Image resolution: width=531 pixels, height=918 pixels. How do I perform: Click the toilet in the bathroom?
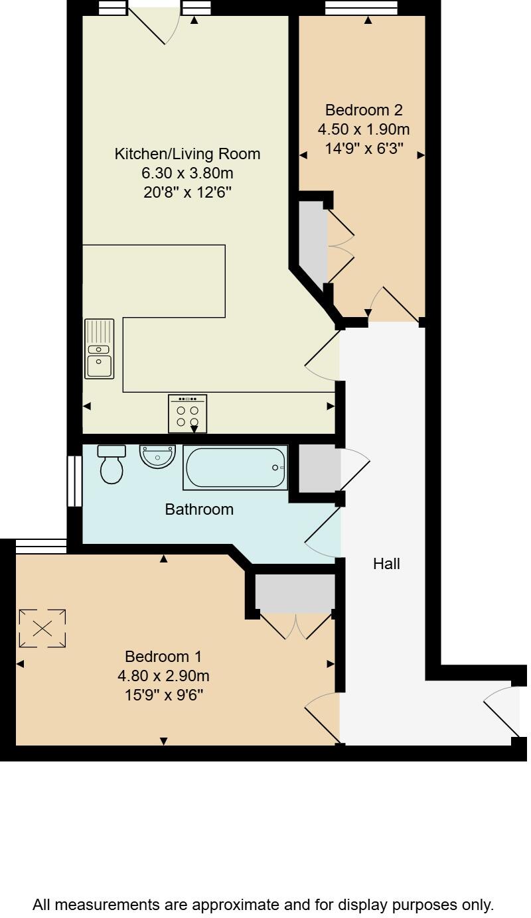[111, 464]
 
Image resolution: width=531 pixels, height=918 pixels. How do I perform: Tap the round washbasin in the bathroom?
[157, 456]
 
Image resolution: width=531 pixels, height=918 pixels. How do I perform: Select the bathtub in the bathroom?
[236, 468]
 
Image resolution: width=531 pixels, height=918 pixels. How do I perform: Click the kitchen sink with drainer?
[99, 349]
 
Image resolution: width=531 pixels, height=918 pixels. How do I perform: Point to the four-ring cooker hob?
[187, 414]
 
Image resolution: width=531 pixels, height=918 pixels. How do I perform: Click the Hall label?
[386, 564]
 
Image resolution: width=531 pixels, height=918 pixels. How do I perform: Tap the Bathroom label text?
[199, 509]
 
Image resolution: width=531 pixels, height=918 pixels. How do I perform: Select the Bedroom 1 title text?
[163, 657]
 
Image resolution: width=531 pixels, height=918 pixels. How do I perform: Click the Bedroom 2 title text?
[364, 110]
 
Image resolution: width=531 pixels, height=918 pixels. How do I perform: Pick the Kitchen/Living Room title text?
[187, 154]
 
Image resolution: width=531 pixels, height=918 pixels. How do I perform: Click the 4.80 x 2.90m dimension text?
[163, 676]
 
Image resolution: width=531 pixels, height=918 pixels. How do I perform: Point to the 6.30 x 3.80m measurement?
[187, 174]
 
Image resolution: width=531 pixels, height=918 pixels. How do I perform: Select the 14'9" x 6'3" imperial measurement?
[364, 149]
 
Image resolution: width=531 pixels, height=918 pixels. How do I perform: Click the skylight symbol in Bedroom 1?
[42, 628]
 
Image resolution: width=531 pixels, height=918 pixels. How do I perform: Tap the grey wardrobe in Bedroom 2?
[313, 242]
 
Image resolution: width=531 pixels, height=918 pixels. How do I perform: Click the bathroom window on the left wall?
[74, 481]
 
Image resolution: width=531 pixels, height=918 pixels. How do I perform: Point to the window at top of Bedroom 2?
[361, 8]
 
